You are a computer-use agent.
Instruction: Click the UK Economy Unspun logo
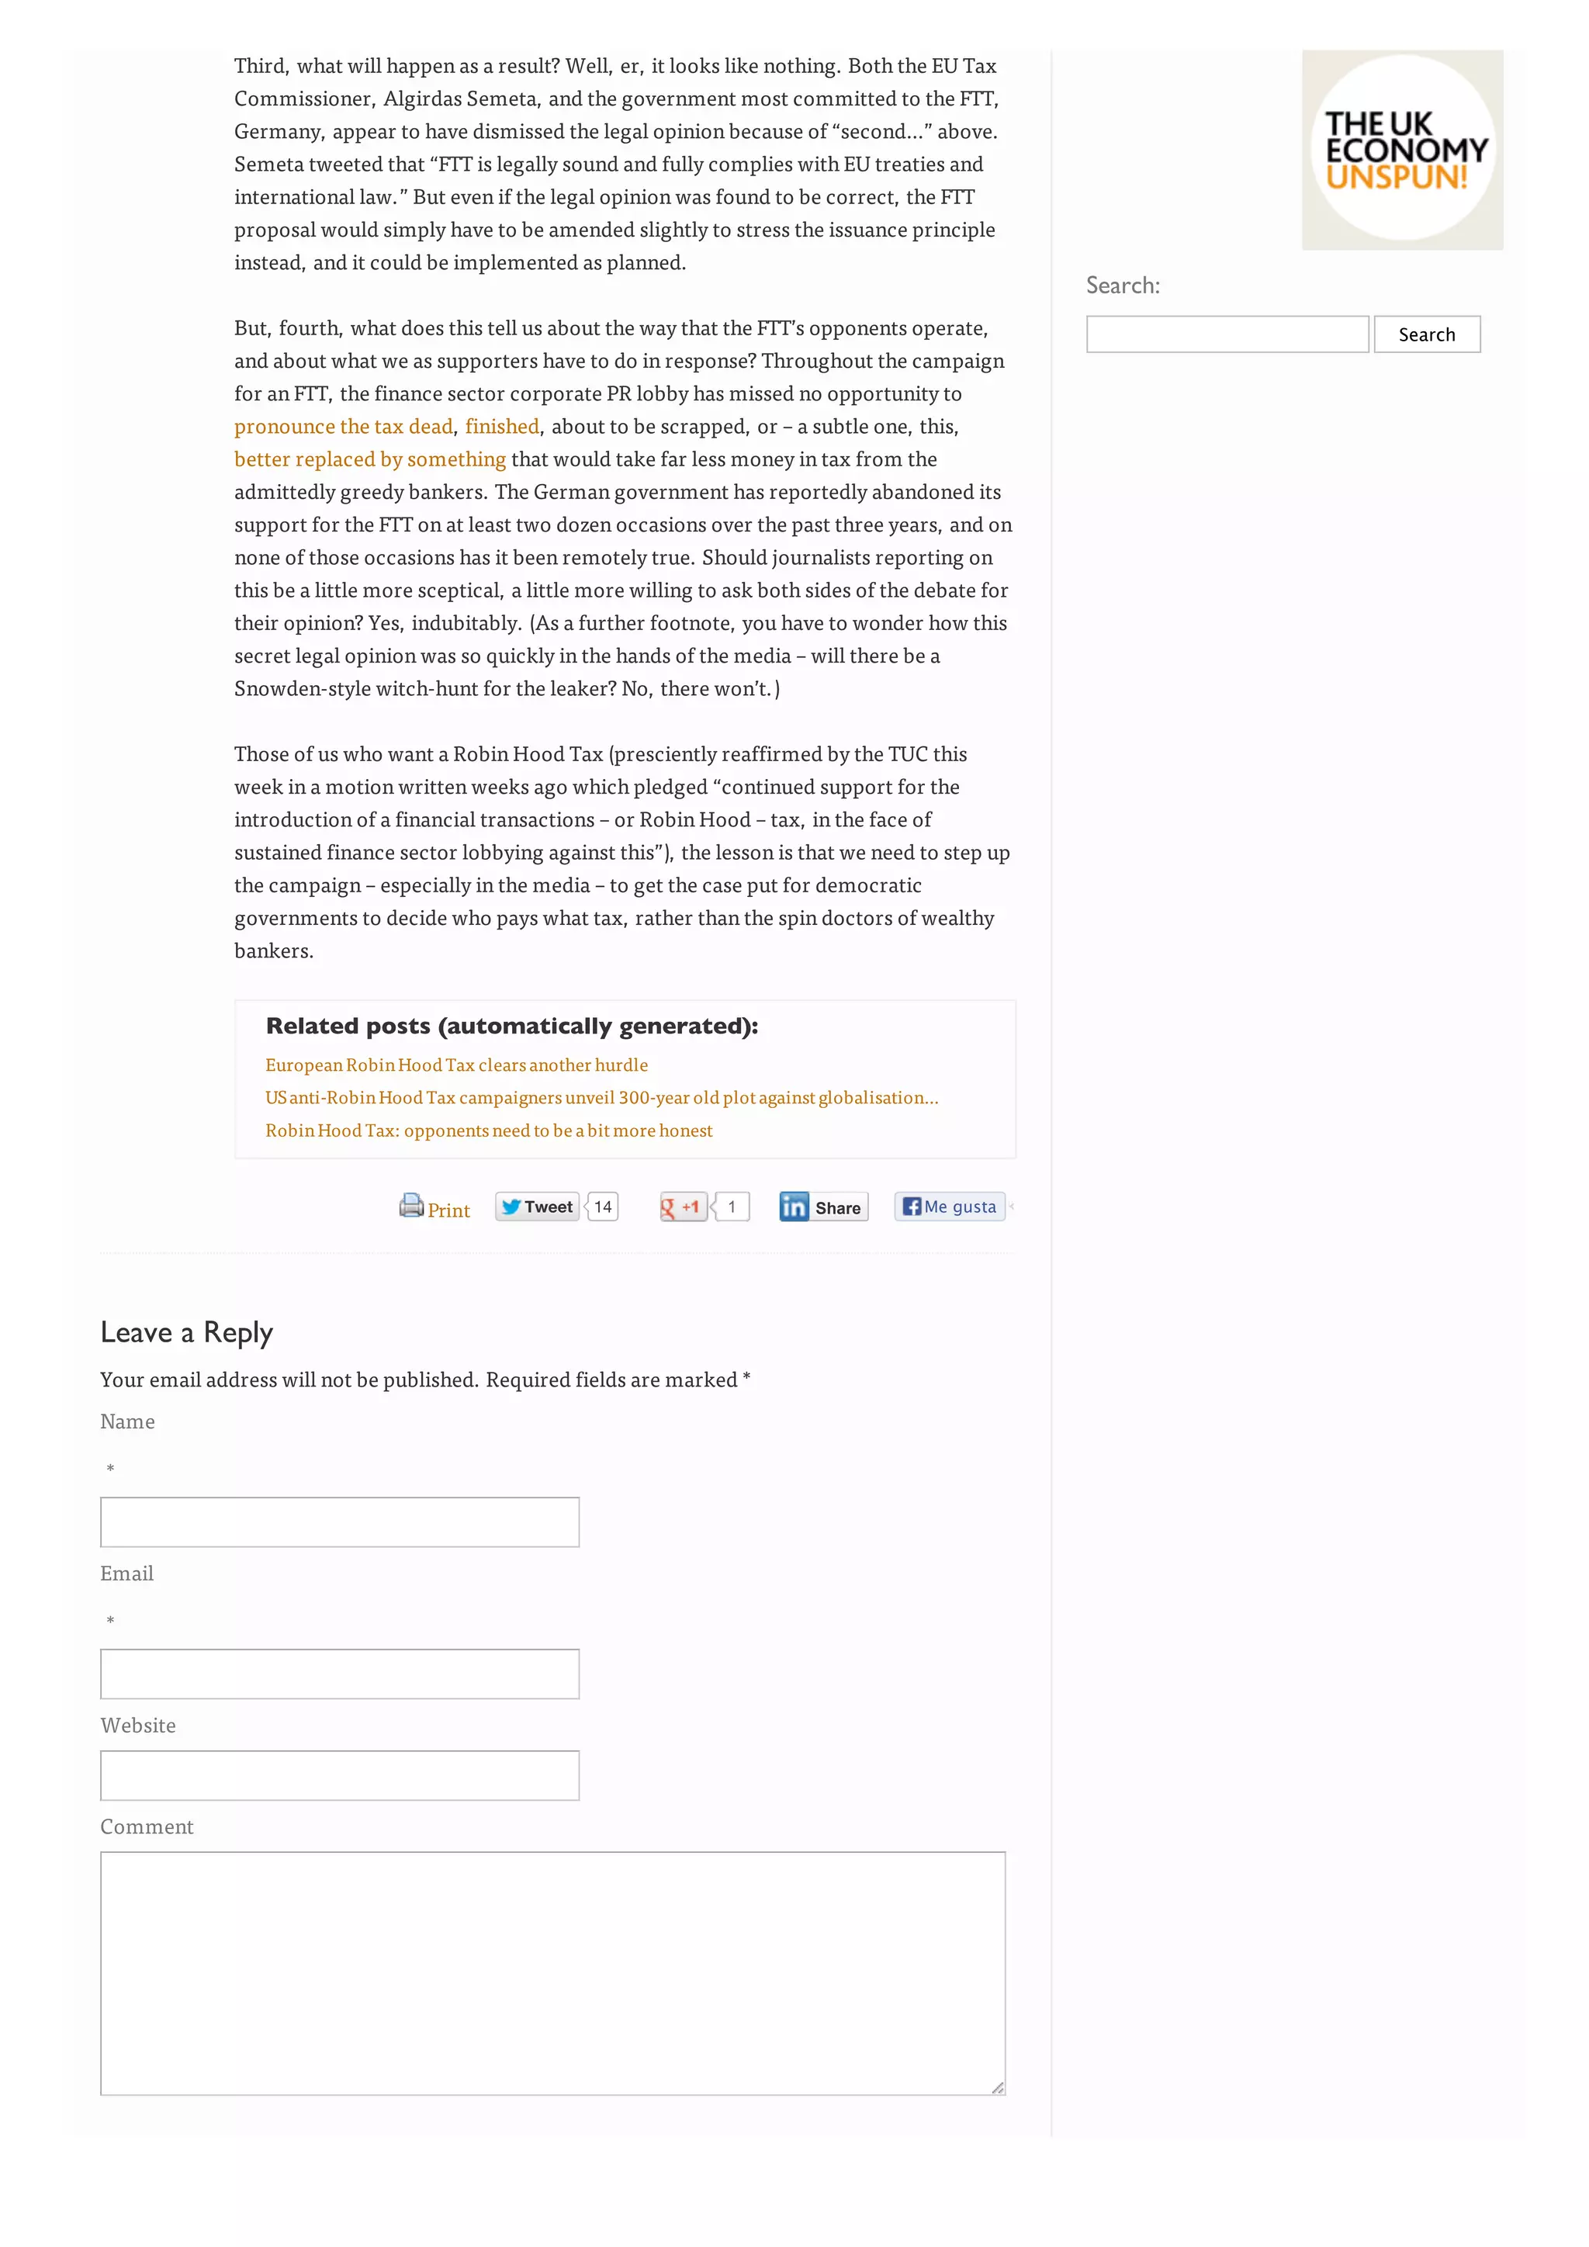(1401, 150)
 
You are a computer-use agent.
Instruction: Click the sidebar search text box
(1226, 334)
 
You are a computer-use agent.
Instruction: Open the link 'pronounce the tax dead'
(344, 427)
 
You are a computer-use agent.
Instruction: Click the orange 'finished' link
(502, 427)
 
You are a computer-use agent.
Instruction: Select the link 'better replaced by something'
(370, 459)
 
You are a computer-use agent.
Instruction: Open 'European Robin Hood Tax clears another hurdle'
(456, 1065)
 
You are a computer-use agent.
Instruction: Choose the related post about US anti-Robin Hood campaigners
(601, 1098)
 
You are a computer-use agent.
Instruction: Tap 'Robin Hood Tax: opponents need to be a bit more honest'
(488, 1130)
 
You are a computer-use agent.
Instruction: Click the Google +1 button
(682, 1207)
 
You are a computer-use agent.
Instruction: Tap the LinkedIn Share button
(823, 1207)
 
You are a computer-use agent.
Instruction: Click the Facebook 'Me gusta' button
(949, 1207)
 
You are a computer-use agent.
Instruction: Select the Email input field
(340, 1674)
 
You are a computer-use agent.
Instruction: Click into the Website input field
(340, 1775)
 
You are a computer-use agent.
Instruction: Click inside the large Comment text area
(553, 1973)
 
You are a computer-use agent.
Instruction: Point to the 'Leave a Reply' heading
(187, 1333)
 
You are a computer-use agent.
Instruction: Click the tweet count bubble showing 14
(603, 1207)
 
